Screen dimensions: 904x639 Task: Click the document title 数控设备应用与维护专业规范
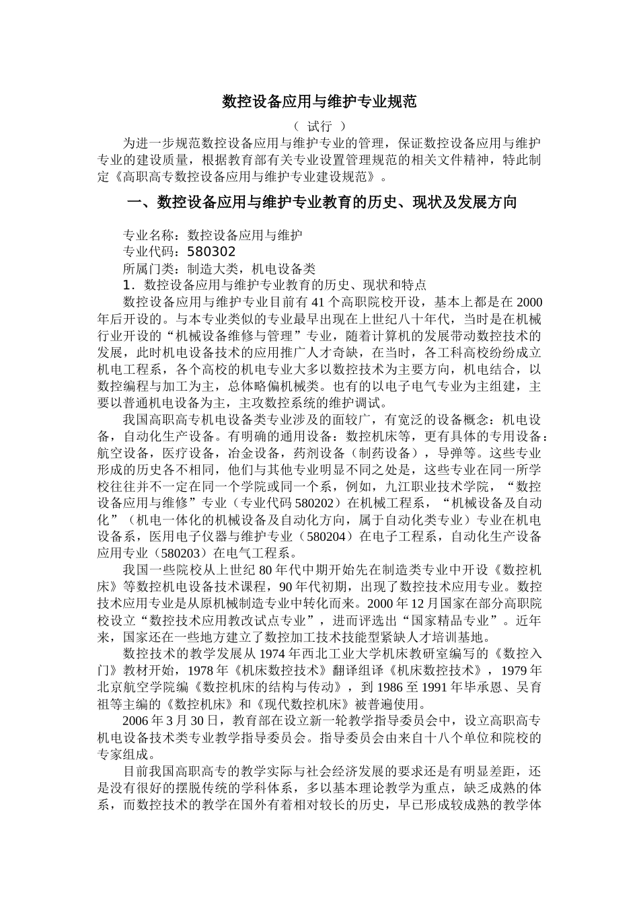(319, 102)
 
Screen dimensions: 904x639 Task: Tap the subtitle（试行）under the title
(319, 126)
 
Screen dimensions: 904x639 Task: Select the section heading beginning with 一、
(322, 202)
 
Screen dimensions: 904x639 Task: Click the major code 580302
(211, 252)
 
